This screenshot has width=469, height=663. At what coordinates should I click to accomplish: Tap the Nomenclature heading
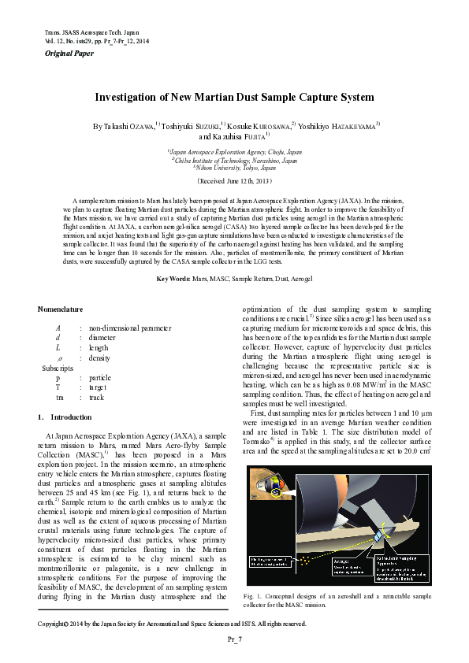click(61, 309)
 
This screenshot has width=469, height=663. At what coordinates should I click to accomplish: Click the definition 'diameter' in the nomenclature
click(103, 337)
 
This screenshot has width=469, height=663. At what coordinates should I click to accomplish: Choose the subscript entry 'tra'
click(59, 397)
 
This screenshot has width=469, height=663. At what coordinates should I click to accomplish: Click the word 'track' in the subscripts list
click(99, 397)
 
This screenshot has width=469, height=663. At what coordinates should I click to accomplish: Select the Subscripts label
click(58, 368)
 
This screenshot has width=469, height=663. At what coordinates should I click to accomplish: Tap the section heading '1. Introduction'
click(65, 417)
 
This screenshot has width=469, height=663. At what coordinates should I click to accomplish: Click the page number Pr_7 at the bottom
click(234, 639)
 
